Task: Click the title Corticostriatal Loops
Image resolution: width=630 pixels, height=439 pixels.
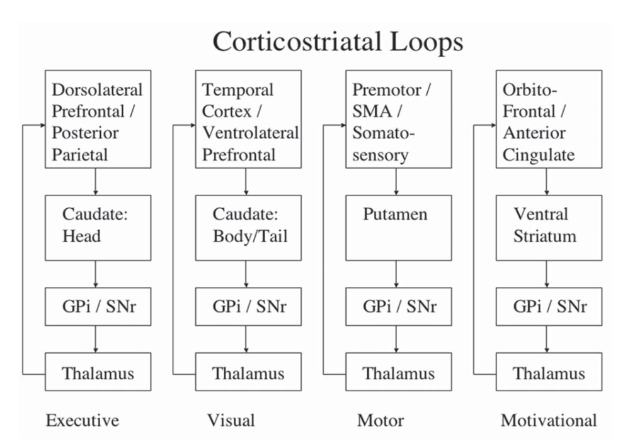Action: click(x=338, y=42)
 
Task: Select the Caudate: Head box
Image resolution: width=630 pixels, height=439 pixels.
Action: click(x=98, y=227)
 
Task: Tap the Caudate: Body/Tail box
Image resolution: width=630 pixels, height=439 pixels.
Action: click(x=248, y=227)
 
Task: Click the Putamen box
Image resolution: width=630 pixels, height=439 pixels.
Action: click(x=398, y=227)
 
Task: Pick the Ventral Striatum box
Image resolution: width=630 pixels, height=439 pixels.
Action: click(x=548, y=227)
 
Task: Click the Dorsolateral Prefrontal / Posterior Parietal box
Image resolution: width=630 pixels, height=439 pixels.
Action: click(x=98, y=119)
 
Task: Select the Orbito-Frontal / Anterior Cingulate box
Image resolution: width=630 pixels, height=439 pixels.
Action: click(x=548, y=119)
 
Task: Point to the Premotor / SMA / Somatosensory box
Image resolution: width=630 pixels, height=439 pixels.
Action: click(x=398, y=119)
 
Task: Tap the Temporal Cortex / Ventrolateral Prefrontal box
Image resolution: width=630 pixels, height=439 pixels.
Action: click(x=248, y=119)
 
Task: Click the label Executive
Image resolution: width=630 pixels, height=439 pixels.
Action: click(x=83, y=420)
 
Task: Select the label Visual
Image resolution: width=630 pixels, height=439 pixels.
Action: click(x=231, y=420)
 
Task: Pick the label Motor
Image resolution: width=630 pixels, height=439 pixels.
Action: click(x=380, y=420)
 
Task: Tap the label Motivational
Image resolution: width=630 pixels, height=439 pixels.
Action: click(x=548, y=420)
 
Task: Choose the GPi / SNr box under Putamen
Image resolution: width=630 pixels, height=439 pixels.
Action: click(x=398, y=306)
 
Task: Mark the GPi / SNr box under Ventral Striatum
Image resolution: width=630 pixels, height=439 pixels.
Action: click(x=548, y=306)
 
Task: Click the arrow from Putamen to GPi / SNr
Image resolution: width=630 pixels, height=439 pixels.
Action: click(x=396, y=274)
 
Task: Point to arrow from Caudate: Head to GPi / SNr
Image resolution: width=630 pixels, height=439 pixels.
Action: click(x=95, y=274)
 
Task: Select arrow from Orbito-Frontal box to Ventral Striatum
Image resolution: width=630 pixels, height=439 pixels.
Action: click(x=546, y=181)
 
